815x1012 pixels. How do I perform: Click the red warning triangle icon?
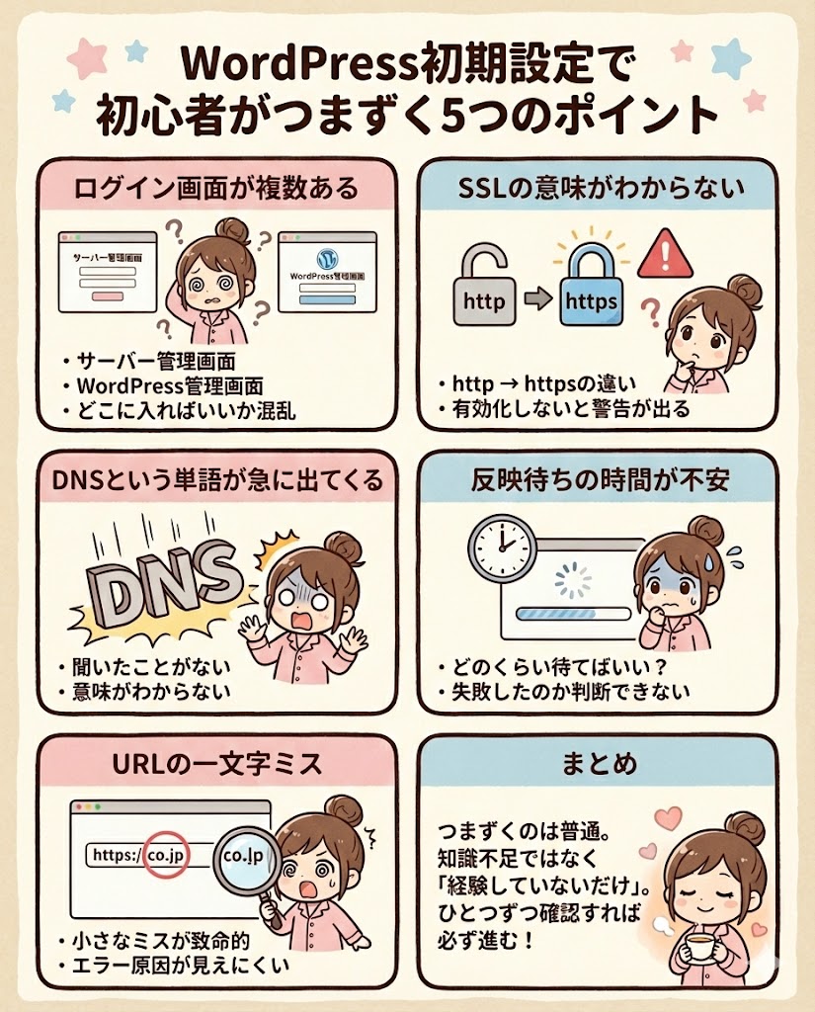(665, 255)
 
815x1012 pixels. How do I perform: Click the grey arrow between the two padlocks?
(537, 298)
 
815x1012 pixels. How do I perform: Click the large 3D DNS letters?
(160, 573)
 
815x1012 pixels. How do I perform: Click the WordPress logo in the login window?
(328, 259)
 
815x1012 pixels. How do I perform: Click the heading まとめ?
(600, 764)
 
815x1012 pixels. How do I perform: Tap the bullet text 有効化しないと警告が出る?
(571, 408)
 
